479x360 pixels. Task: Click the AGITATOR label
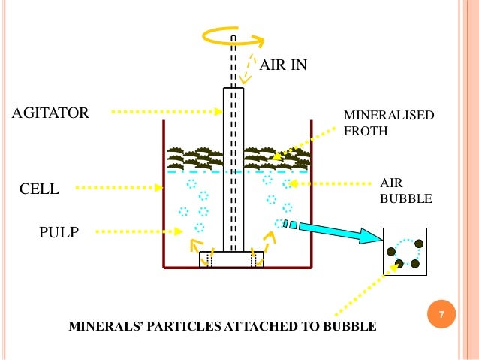point(50,113)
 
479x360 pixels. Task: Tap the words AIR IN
point(283,65)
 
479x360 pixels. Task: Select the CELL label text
point(38,189)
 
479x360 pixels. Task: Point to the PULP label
point(59,232)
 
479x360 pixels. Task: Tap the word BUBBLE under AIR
point(406,199)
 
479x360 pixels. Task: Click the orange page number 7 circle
point(442,315)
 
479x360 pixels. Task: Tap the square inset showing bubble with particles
point(405,250)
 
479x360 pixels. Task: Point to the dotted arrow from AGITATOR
point(165,113)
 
